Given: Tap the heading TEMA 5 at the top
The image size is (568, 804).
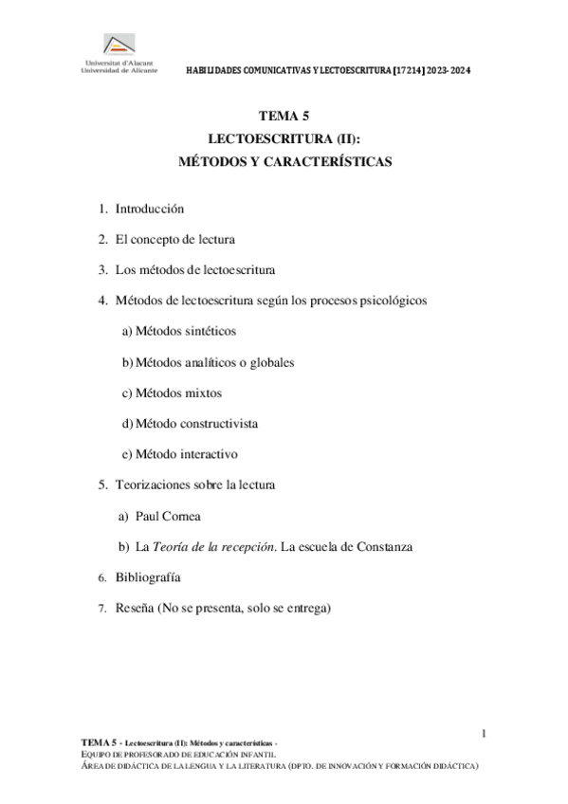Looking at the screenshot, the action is coord(284,118).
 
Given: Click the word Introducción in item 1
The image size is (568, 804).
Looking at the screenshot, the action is coord(149,209).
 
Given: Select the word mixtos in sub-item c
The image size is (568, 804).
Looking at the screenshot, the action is coord(204,393).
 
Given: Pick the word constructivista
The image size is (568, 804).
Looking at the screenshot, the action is coord(224,423).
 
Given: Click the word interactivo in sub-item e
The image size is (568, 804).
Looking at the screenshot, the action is coord(206,453).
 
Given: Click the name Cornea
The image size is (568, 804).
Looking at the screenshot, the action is coord(183,516).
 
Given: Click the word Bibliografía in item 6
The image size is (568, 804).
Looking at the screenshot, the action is coord(148,577).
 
